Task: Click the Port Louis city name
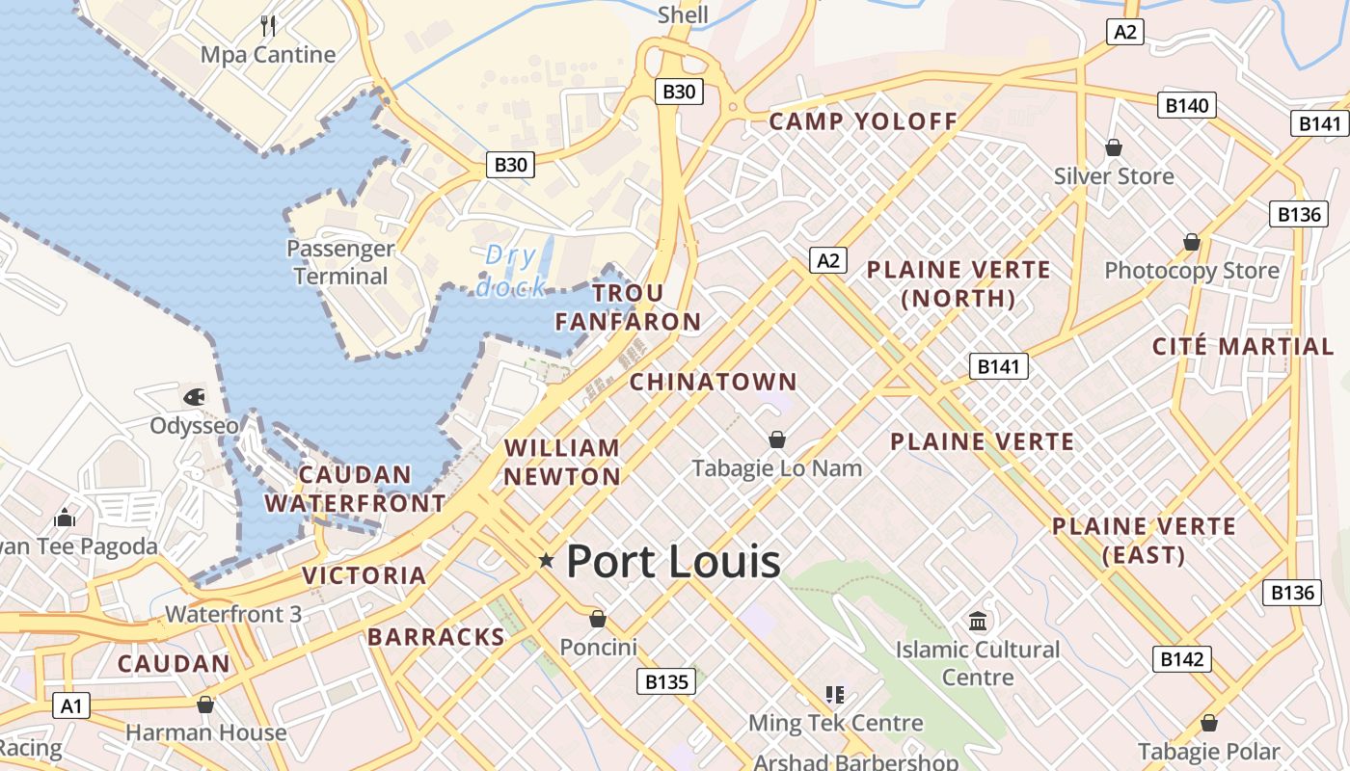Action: pyautogui.click(x=673, y=560)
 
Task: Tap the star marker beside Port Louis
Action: pyautogui.click(x=547, y=560)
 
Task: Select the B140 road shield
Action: pyautogui.click(x=1186, y=105)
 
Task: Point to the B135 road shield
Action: pyautogui.click(x=665, y=681)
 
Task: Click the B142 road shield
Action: pyautogui.click(x=1181, y=659)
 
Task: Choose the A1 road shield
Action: pyautogui.click(x=71, y=705)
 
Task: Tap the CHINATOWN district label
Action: pyautogui.click(x=714, y=382)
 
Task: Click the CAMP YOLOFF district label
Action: pyautogui.click(x=863, y=121)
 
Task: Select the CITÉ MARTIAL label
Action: pyautogui.click(x=1243, y=347)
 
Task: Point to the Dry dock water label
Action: pyautogui.click(x=511, y=271)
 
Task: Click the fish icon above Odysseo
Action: pyautogui.click(x=194, y=396)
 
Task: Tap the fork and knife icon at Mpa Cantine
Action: pyautogui.click(x=268, y=25)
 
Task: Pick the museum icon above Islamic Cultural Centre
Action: pyautogui.click(x=978, y=621)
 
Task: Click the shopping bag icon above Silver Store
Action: pyautogui.click(x=1114, y=147)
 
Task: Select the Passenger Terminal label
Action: pyautogui.click(x=340, y=262)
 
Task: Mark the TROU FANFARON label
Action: pyautogui.click(x=628, y=307)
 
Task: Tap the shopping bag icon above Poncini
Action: pyautogui.click(x=598, y=618)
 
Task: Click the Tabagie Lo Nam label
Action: pyautogui.click(x=777, y=468)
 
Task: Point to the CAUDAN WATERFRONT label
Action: pyautogui.click(x=355, y=489)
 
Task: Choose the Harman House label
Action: pyautogui.click(x=205, y=732)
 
